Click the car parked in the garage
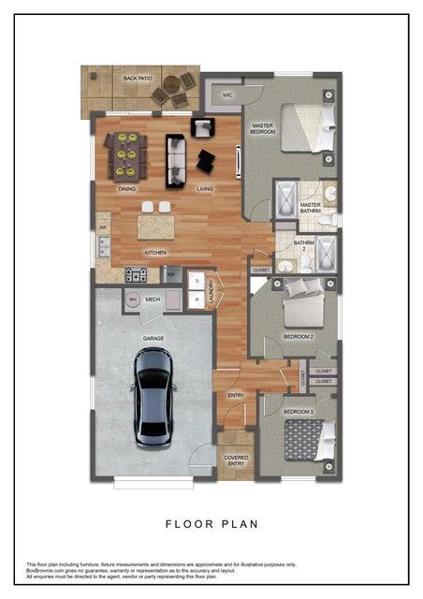[153, 396]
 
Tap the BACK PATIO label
[138, 79]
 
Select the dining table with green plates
[125, 155]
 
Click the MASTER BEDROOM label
[262, 127]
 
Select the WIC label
[227, 95]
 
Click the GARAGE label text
[153, 338]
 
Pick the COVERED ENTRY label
[235, 460]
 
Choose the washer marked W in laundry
[197, 299]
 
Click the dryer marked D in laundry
[197, 280]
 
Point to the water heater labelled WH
[132, 299]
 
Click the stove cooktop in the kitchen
[136, 274]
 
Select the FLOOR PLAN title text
[211, 523]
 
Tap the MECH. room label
[154, 299]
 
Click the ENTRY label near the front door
[236, 395]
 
